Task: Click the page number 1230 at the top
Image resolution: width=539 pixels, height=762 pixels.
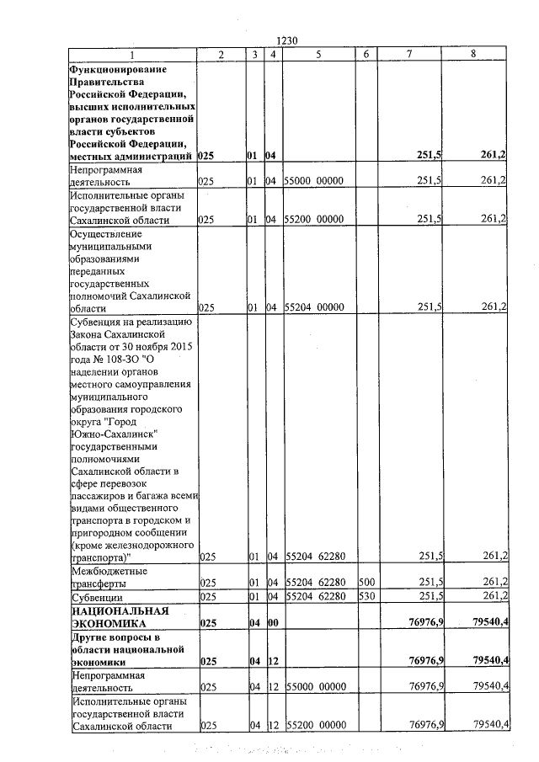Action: pyautogui.click(x=289, y=40)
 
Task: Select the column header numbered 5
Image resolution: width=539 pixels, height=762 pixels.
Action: pyautogui.click(x=319, y=54)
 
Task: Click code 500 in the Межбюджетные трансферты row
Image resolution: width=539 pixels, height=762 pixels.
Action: pyautogui.click(x=366, y=582)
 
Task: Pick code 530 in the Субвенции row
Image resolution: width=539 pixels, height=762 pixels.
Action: pyautogui.click(x=366, y=596)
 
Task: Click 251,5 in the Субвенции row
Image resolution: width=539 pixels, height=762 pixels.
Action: pyautogui.click(x=431, y=596)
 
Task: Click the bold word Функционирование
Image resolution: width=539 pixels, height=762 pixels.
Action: pyautogui.click(x=118, y=68)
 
